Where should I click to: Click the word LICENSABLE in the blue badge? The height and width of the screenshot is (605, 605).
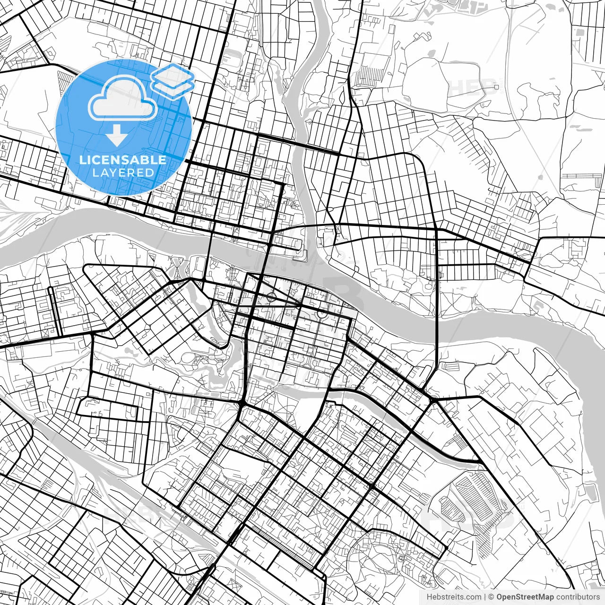tap(123, 160)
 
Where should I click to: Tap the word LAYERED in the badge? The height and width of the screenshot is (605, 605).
tap(123, 173)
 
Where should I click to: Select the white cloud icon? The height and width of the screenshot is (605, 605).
tap(123, 98)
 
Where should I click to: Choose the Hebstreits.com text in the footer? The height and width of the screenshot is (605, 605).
tap(454, 597)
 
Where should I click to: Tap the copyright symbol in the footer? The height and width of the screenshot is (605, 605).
tap(491, 597)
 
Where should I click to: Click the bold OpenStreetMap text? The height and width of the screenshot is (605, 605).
tap(525, 597)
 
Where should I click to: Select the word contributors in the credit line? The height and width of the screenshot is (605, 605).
tap(578, 597)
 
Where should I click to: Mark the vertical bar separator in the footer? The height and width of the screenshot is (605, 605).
tap(485, 597)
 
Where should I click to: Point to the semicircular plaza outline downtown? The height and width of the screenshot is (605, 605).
tap(321, 313)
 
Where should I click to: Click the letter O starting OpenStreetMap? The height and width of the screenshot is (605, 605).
tap(500, 597)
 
